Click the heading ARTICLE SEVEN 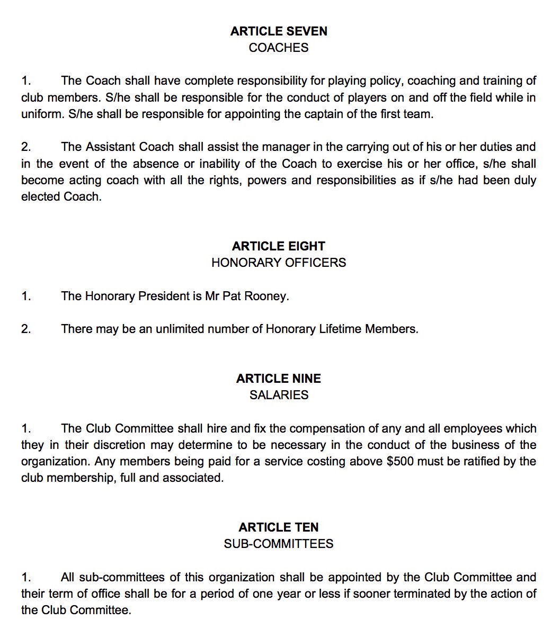click(279, 31)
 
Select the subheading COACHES click(279, 48)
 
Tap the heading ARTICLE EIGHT click(279, 246)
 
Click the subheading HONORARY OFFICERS click(279, 263)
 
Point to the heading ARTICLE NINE click(279, 379)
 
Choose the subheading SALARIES click(279, 395)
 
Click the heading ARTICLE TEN click(279, 527)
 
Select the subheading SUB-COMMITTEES click(279, 544)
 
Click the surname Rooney click(271, 296)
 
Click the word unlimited click(180, 329)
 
